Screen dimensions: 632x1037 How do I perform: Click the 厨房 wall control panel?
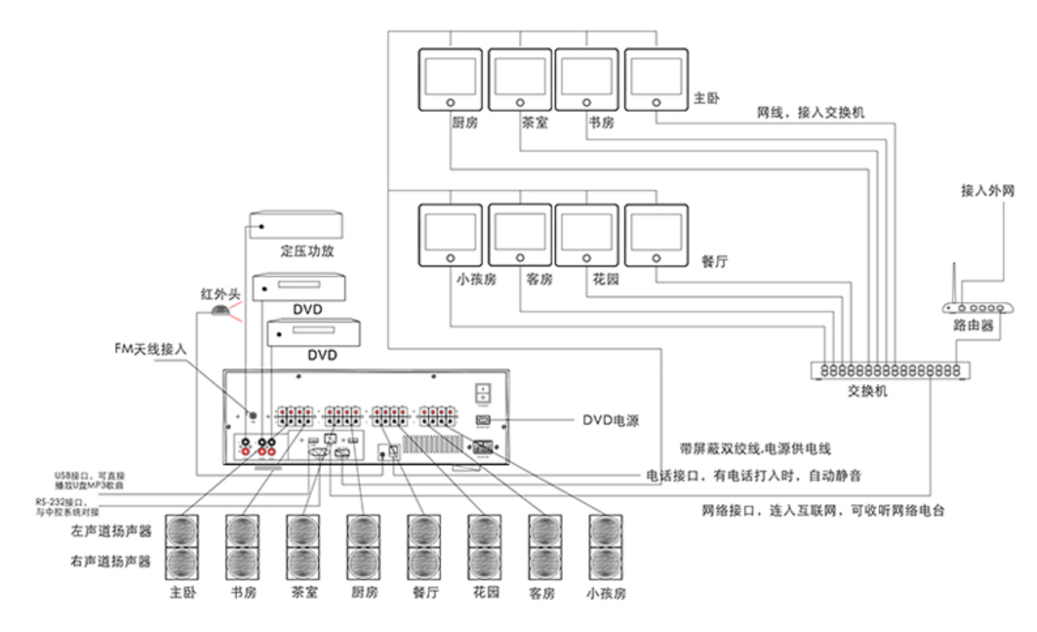click(x=451, y=78)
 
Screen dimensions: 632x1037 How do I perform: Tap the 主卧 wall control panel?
click(x=655, y=78)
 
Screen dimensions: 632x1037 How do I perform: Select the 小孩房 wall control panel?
click(x=451, y=235)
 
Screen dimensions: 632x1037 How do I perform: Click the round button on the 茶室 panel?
click(x=519, y=103)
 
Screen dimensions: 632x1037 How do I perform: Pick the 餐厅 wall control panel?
click(x=655, y=235)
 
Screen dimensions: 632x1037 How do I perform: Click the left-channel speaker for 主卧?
click(x=182, y=530)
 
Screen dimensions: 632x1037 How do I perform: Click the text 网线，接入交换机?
click(x=810, y=113)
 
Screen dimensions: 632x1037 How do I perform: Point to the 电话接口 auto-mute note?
click(x=755, y=475)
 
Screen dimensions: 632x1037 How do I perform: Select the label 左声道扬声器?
click(x=111, y=530)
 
